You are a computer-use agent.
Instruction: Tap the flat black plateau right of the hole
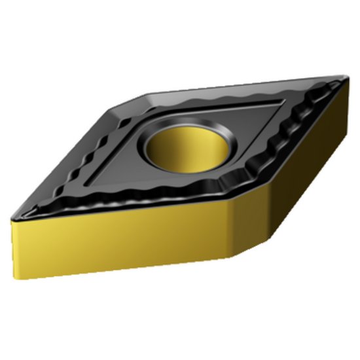coord(255,124)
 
